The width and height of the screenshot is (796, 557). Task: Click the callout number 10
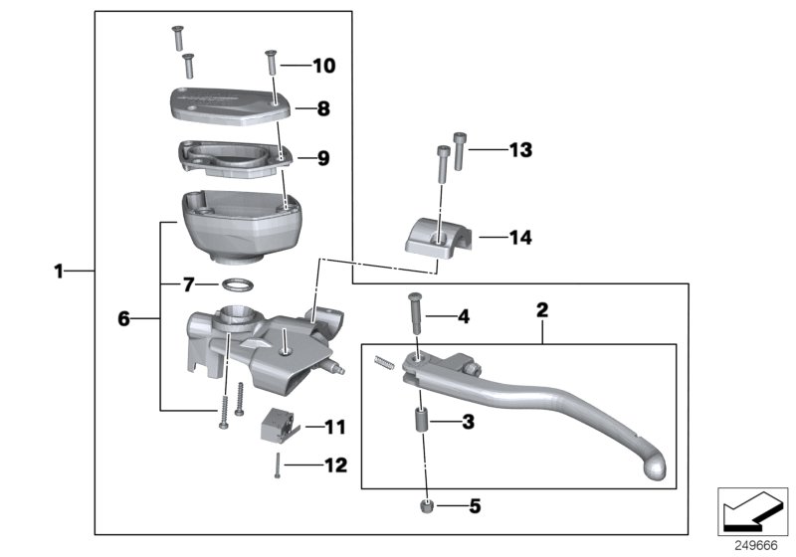tap(324, 67)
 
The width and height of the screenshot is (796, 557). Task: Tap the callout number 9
tap(322, 157)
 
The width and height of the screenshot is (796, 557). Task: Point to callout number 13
tap(520, 150)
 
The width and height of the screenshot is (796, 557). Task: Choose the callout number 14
tap(520, 238)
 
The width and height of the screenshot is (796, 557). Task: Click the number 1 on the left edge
tap(59, 271)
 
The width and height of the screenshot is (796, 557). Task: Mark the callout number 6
tap(123, 319)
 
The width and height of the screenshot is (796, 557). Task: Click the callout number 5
tap(474, 506)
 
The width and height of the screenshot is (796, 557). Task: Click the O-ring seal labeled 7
tap(235, 284)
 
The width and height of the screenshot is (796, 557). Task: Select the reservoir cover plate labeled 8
tap(227, 103)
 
